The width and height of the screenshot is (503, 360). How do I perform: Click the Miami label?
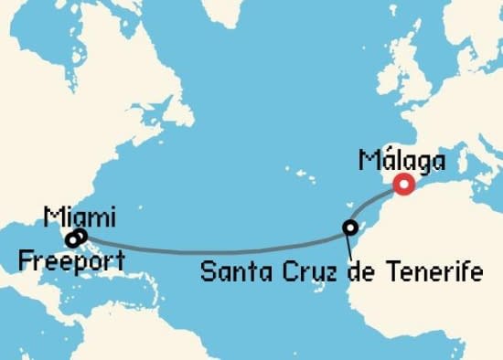coord(80,217)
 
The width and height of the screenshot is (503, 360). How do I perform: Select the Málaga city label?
coord(401,163)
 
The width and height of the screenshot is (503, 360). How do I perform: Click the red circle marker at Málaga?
coord(403,185)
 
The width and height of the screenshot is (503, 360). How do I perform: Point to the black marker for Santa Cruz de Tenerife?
coord(349,227)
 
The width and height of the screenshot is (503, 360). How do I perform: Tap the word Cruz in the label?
coord(294,271)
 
